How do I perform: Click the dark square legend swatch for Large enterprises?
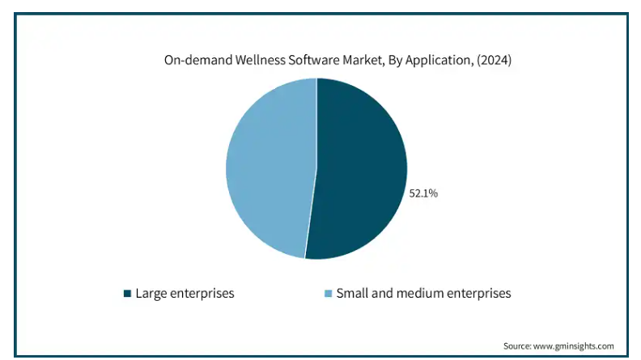127,294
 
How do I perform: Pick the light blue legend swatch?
328,294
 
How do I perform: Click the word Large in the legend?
151,294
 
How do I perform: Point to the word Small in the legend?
352,294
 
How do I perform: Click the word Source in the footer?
518,345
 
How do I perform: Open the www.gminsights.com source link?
577,345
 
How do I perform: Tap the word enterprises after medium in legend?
478,294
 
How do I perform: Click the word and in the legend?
383,294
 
